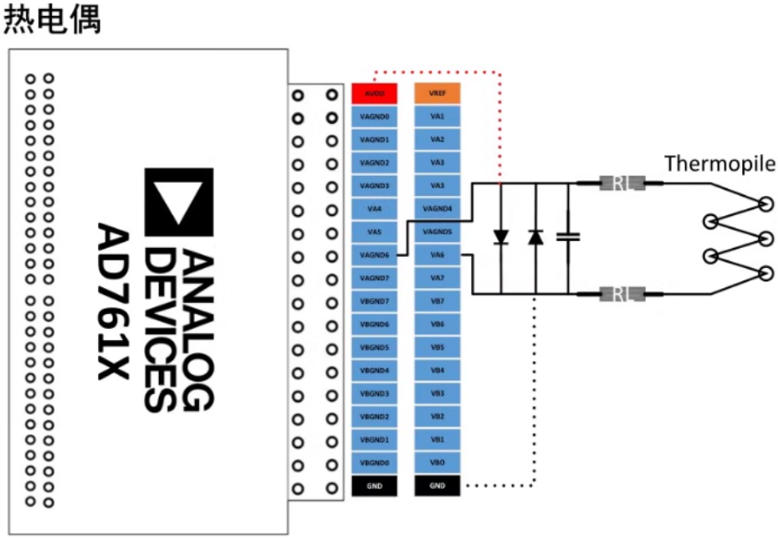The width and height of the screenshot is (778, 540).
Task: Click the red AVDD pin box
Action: [374, 93]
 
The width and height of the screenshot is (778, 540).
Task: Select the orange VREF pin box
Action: [437, 93]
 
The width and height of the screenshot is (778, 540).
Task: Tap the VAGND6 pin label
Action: [374, 255]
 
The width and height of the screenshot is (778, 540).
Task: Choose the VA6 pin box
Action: [437, 255]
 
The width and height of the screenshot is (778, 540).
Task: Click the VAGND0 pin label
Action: [374, 116]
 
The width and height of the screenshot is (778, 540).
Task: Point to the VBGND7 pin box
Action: [374, 301]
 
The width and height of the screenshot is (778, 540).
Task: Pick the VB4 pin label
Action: [437, 370]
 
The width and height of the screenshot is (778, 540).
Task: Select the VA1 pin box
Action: [437, 116]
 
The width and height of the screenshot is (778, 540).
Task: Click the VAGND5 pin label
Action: [437, 232]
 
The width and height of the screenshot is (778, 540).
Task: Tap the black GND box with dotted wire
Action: [437, 486]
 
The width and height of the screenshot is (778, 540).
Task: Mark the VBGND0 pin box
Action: [374, 462]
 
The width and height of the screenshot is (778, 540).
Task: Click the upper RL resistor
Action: [620, 183]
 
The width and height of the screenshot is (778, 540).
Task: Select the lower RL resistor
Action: [620, 294]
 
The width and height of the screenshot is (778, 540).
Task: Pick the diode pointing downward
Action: [500, 238]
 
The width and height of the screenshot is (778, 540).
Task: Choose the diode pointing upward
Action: [535, 238]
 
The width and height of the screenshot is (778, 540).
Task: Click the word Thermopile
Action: [719, 163]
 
